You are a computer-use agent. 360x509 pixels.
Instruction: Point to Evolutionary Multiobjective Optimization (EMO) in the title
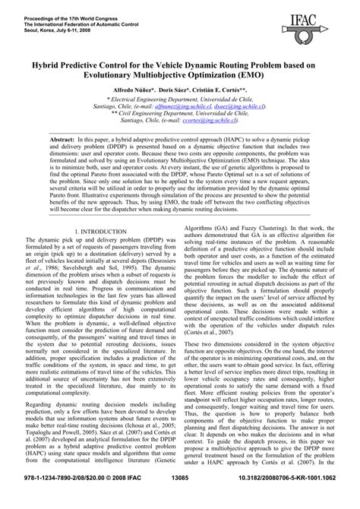[x=179, y=76]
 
